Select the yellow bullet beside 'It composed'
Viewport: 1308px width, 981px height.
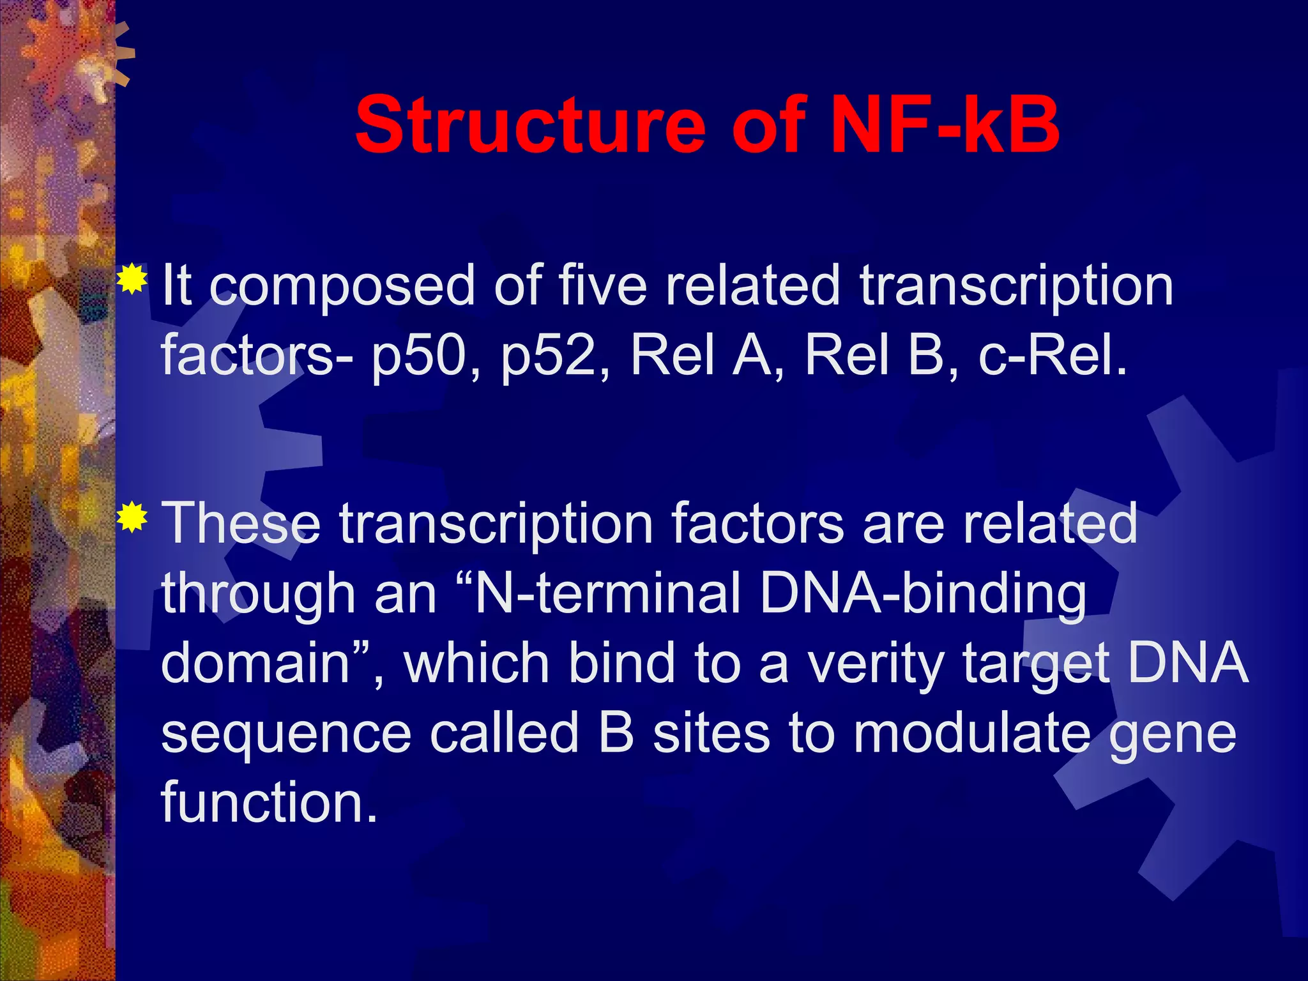click(x=132, y=278)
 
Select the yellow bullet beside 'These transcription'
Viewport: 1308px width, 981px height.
click(x=132, y=517)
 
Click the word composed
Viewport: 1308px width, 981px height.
click(x=342, y=287)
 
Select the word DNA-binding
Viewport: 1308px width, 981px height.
click(x=923, y=594)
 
